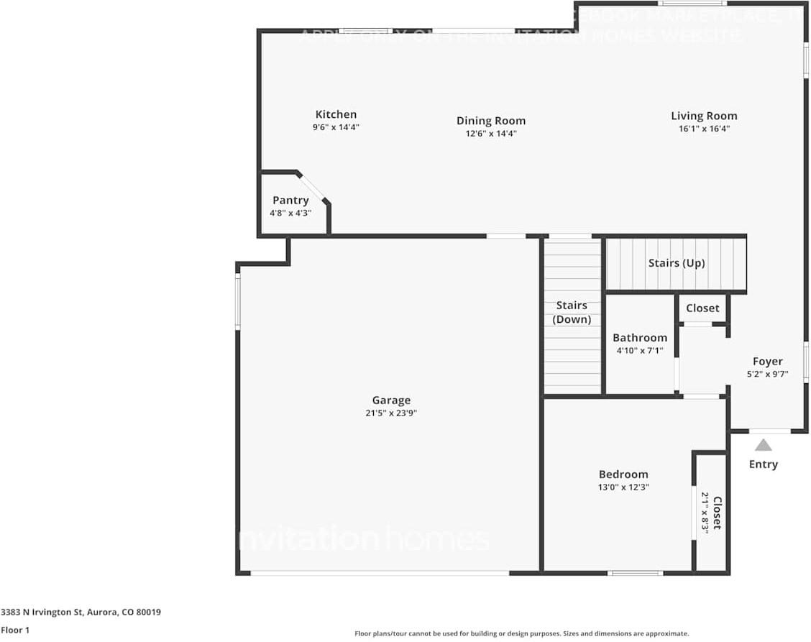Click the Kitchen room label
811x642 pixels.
(x=336, y=114)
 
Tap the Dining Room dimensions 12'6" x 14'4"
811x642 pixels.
(x=491, y=134)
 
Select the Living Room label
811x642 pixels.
(x=704, y=116)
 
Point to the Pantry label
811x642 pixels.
(x=290, y=201)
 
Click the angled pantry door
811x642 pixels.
(x=313, y=187)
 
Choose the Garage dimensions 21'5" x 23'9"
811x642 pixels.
(x=391, y=413)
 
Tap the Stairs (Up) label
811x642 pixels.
(x=677, y=263)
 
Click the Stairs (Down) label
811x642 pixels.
(x=572, y=313)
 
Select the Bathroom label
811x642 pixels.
(x=640, y=338)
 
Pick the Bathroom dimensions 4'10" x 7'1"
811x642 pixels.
(x=640, y=351)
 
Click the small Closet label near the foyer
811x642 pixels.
(x=702, y=308)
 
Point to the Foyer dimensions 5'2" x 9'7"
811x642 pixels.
(x=768, y=374)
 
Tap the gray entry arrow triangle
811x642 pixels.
(x=764, y=445)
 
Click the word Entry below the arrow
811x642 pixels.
(x=764, y=464)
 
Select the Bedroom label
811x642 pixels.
(x=623, y=474)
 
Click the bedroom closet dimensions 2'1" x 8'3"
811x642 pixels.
(x=705, y=512)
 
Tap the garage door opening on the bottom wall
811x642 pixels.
(x=380, y=573)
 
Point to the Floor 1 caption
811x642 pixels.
(x=15, y=630)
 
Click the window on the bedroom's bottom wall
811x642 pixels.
(x=635, y=573)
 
